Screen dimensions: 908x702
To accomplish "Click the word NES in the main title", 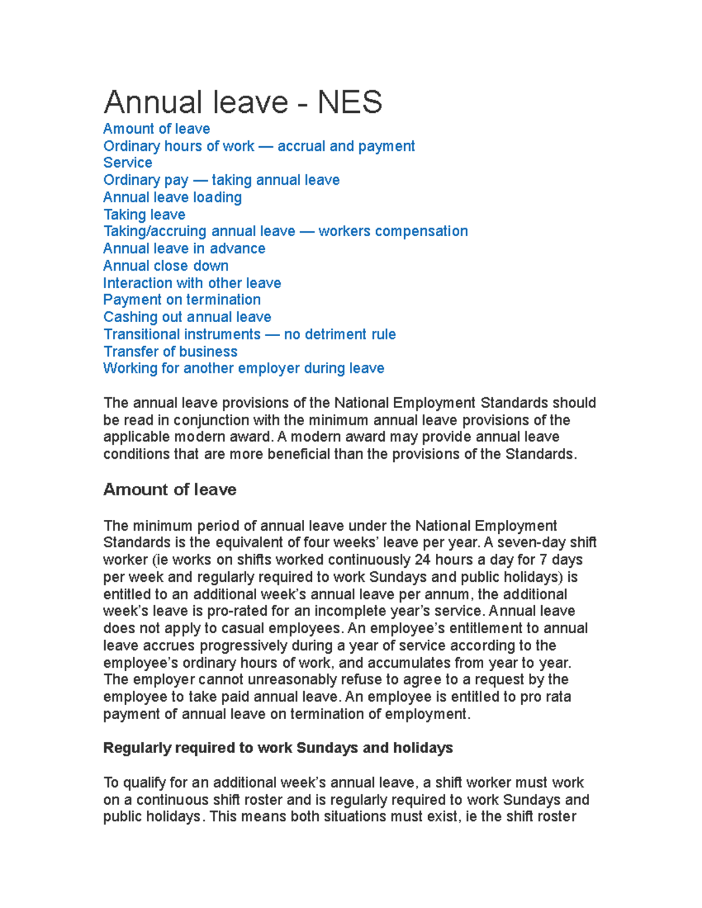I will pos(349,102).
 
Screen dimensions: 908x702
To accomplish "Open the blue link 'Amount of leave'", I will pos(156,129).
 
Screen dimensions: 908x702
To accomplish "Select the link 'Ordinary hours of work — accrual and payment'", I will pos(259,146).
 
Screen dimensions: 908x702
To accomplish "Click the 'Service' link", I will pos(128,163).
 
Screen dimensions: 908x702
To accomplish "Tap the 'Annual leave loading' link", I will pos(172,198).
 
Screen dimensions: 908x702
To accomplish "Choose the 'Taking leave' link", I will pos(144,215).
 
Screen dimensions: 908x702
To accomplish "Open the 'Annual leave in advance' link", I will pos(184,248).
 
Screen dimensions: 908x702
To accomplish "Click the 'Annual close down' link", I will pos(166,266).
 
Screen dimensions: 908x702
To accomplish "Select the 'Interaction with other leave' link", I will pos(192,283).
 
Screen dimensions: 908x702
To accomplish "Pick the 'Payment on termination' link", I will pos(182,300).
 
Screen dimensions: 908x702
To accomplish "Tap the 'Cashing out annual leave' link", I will pos(187,317).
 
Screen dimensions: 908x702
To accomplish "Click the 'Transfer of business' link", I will pos(170,351).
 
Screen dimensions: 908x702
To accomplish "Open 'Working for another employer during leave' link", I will pos(243,368).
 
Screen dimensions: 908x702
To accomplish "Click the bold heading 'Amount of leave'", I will pos(170,489).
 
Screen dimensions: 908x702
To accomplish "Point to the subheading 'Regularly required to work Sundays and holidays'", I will pos(278,748).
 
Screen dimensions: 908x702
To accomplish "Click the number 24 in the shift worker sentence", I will pos(422,560).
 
